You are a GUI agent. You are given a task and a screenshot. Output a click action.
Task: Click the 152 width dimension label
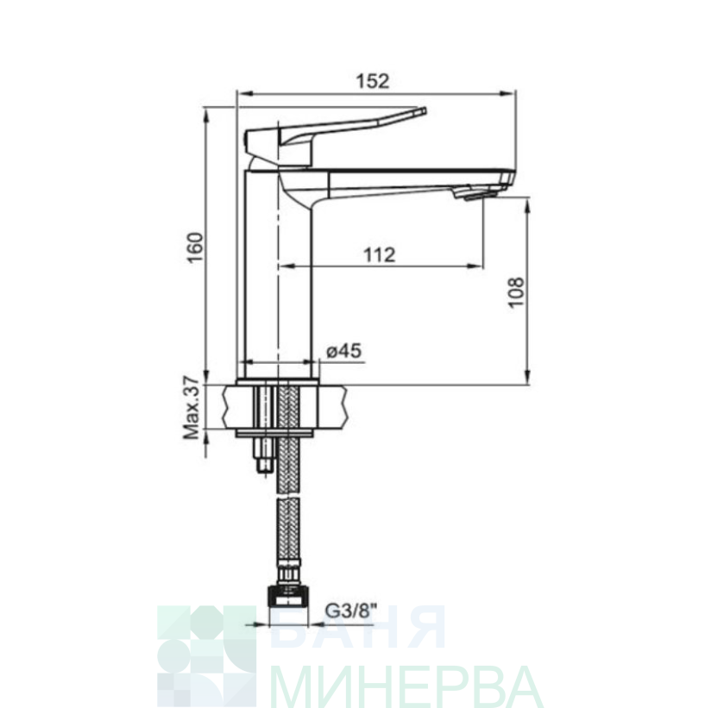click(x=373, y=81)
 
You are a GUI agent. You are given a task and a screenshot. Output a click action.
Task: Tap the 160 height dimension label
click(x=196, y=247)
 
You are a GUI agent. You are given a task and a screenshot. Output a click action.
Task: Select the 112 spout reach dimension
click(x=380, y=255)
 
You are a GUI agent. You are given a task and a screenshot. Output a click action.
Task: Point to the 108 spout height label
click(x=516, y=292)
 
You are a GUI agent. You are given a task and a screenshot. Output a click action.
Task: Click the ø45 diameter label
click(x=344, y=350)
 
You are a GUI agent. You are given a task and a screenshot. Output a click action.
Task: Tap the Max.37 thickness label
click(x=192, y=408)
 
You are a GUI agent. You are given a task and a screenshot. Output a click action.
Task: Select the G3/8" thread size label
click(x=352, y=612)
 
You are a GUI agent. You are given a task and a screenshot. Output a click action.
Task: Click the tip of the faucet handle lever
click(x=423, y=110)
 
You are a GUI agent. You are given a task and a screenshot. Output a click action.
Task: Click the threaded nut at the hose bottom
click(x=288, y=596)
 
